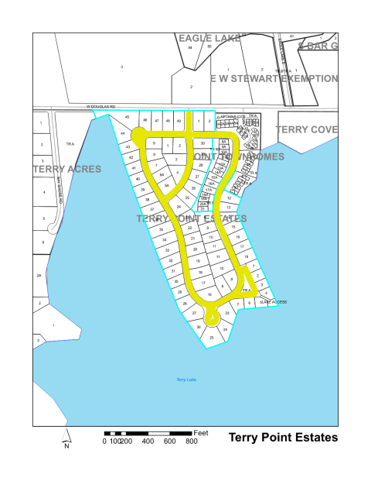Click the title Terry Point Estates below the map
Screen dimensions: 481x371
coord(283,438)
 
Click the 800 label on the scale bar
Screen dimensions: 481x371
coord(191,441)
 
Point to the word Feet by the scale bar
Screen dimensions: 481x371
coord(202,431)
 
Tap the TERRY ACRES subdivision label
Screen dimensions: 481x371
coord(66,168)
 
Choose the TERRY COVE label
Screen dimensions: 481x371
coord(307,129)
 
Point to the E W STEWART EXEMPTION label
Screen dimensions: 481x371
coord(274,79)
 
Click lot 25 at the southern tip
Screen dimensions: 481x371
coord(211,337)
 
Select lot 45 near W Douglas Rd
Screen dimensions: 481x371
coord(127,117)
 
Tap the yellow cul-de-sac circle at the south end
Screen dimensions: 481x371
coord(210,318)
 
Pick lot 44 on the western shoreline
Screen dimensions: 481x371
coord(123,133)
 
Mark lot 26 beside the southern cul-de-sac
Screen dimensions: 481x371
coord(199,327)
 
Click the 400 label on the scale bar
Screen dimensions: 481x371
coord(148,441)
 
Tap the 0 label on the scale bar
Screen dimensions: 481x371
coord(104,441)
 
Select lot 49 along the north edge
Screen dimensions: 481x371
coord(179,121)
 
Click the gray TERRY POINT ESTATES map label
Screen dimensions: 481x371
coord(191,219)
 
